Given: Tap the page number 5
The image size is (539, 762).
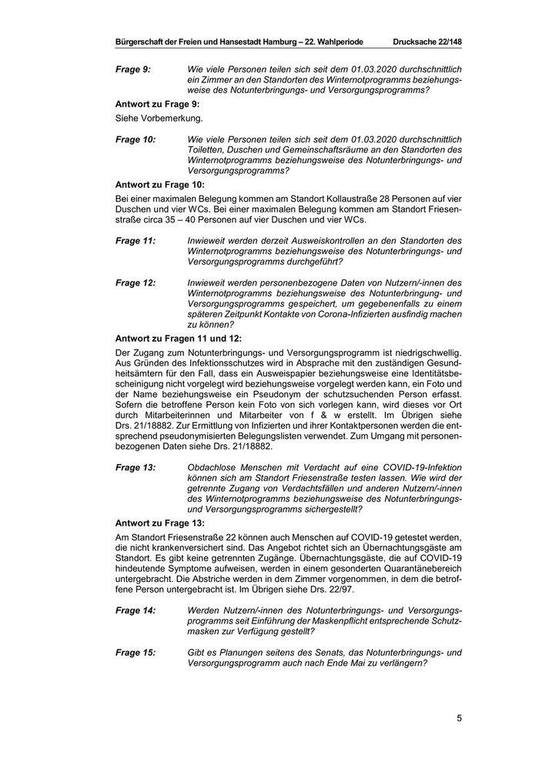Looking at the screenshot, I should click(x=459, y=719).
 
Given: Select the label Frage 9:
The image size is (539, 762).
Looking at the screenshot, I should click(x=133, y=70).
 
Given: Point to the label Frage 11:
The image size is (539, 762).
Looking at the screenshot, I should click(x=136, y=241).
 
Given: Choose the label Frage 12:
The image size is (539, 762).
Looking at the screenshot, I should click(x=136, y=283).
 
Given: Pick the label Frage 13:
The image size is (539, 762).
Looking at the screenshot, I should click(x=136, y=467).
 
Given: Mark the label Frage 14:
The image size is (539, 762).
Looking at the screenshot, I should click(x=136, y=610).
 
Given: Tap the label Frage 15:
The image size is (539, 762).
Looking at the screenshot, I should click(x=136, y=652).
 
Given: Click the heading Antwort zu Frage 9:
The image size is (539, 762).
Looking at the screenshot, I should click(x=158, y=104).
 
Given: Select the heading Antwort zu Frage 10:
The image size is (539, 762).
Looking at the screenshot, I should click(x=160, y=185).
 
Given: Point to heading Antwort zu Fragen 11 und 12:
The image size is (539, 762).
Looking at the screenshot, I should click(x=178, y=338).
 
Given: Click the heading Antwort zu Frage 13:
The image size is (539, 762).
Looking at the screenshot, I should click(x=160, y=523).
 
